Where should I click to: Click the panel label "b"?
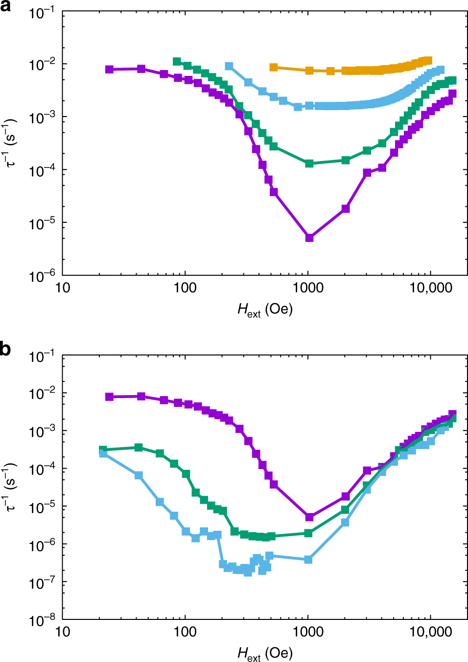[x=5, y=350]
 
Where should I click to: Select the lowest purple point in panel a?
[x=309, y=237]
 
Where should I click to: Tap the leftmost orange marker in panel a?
[x=274, y=67]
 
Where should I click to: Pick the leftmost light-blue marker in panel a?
[x=229, y=66]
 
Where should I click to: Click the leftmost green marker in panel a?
[x=177, y=61]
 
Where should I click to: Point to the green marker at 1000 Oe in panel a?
[x=309, y=163]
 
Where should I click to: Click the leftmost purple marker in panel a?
[x=110, y=70]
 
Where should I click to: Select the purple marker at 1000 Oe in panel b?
[x=309, y=517]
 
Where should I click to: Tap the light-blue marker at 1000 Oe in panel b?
[x=308, y=559]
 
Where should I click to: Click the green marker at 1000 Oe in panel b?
[x=308, y=533]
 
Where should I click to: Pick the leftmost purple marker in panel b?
[x=110, y=397]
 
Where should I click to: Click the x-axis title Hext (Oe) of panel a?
[x=265, y=310]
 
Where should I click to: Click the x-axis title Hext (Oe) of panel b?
[x=265, y=654]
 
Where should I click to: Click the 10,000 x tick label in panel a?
[x=431, y=288]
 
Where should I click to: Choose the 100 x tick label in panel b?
[x=185, y=632]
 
